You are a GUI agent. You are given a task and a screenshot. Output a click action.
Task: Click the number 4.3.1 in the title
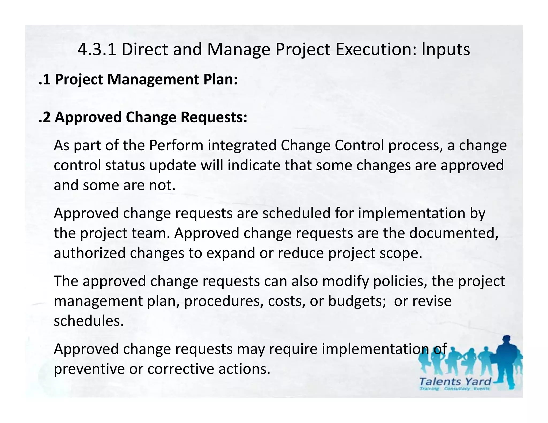pos(97,50)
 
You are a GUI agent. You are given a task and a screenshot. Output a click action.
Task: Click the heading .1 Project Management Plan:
pos(138,79)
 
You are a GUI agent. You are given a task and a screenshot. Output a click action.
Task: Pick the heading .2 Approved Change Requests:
pos(143,117)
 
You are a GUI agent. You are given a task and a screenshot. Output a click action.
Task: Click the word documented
pos(454,233)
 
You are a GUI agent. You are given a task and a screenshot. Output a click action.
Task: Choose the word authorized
pos(90,253)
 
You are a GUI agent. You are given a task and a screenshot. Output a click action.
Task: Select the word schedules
pos(89,321)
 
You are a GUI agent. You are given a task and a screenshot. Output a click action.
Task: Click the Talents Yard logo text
pos(455,382)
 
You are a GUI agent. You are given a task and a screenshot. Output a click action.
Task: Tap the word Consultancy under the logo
pos(457,389)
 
